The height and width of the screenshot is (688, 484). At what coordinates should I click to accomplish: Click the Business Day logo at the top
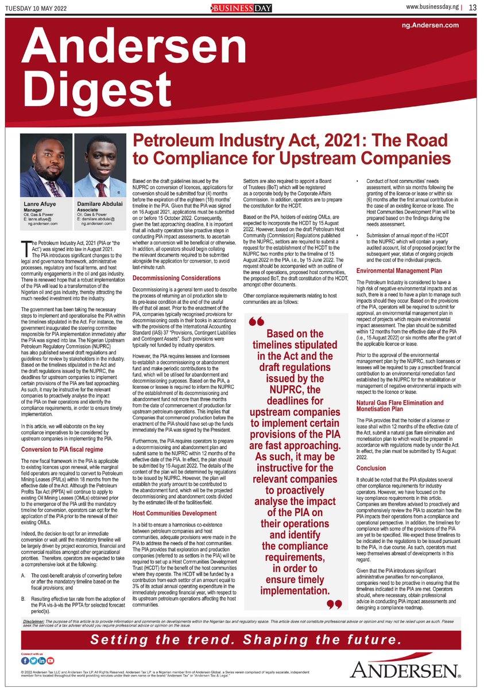(242, 7)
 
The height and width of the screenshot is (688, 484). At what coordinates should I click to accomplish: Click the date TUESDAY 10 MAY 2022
(36, 7)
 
